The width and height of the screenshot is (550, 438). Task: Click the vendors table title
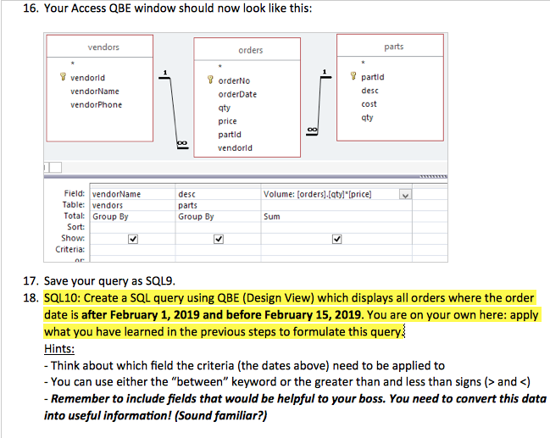point(103,47)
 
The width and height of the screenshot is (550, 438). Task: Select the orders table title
point(250,50)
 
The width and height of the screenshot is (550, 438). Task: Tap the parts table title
point(393,47)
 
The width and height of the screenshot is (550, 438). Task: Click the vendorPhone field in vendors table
point(96,105)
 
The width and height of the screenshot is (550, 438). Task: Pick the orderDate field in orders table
point(237,94)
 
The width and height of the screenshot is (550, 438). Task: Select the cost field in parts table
point(369,104)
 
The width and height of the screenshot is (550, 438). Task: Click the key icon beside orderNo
point(210,81)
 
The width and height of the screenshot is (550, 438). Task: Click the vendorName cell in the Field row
point(116,194)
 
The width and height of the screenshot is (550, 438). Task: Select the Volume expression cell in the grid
point(318,194)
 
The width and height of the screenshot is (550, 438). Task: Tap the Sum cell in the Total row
point(272,216)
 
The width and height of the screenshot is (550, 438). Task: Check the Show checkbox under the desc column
point(219,238)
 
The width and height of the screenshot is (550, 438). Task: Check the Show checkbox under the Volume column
point(338,238)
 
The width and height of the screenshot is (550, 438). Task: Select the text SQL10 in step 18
point(60,298)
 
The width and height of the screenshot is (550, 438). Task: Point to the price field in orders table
point(227,121)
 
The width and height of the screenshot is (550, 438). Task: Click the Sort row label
point(75,227)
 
